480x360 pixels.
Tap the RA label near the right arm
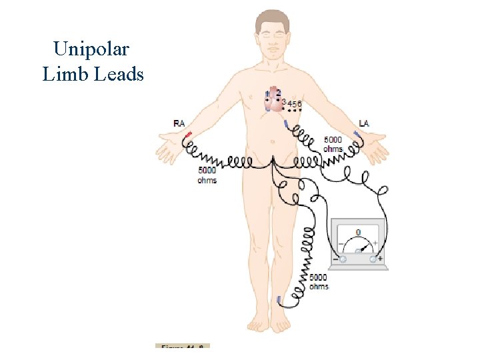[179, 123]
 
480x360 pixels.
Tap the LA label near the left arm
[363, 123]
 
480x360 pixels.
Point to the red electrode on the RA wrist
[188, 136]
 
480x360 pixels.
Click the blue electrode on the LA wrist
[357, 136]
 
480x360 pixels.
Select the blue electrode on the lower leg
[279, 299]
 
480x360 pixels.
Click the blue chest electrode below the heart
[287, 124]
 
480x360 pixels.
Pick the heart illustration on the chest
[273, 101]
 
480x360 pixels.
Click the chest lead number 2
[278, 91]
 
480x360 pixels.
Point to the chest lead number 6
[299, 103]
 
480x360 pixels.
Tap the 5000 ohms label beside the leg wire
[319, 281]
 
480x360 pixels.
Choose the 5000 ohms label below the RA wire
[207, 175]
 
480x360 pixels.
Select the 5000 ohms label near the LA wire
[333, 144]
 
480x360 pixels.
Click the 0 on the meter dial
[358, 232]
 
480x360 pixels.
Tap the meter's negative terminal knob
[343, 259]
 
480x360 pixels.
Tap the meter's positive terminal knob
[373, 259]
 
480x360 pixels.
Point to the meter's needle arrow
[365, 246]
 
